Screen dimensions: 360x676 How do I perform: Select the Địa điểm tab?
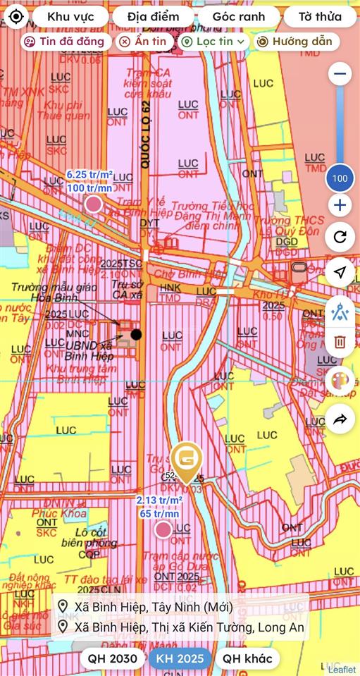(153, 16)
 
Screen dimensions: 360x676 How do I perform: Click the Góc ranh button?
(238, 16)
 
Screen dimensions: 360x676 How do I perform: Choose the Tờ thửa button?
(320, 16)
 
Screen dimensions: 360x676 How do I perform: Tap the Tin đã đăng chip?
(65, 42)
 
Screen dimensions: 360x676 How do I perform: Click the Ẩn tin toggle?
(142, 42)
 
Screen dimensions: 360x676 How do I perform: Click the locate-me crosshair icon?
(16, 16)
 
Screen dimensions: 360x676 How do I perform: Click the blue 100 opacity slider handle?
(340, 178)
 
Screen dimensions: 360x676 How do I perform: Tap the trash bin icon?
(340, 342)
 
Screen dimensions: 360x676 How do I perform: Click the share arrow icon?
(340, 419)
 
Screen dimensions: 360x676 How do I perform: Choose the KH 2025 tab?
(180, 658)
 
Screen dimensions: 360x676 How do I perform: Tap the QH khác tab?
(247, 658)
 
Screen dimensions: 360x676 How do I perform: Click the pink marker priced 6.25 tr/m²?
(93, 204)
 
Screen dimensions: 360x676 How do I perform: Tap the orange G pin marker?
(187, 460)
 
